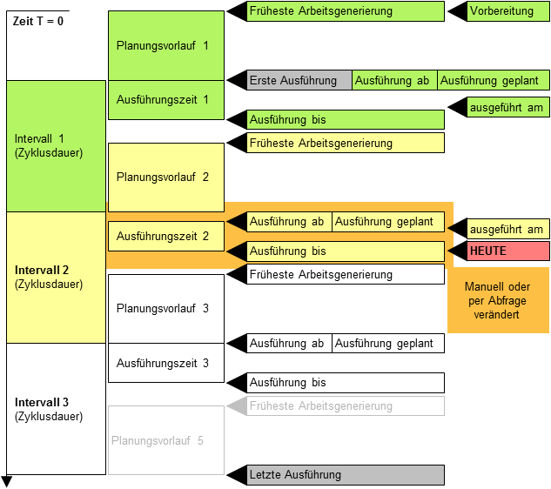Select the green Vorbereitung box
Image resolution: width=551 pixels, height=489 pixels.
click(501, 11)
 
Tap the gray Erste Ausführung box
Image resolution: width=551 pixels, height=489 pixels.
click(300, 80)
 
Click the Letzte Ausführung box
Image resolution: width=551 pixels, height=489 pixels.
click(346, 475)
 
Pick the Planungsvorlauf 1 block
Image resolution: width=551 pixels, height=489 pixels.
click(166, 45)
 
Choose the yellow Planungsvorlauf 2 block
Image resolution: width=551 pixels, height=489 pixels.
click(166, 178)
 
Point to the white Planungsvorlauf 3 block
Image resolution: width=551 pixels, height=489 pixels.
click(166, 309)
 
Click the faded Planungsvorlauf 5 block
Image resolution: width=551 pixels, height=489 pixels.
click(166, 440)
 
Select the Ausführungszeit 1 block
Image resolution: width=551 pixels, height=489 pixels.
click(166, 100)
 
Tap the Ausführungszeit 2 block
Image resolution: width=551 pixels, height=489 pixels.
click(166, 236)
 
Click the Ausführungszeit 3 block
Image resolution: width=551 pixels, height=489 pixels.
click(166, 363)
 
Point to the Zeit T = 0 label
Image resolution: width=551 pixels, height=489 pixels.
click(38, 21)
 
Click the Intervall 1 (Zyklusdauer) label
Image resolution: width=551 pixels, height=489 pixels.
click(49, 145)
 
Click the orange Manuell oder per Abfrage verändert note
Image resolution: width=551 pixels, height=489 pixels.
click(498, 300)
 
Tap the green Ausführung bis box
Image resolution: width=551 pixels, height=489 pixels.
click(346, 119)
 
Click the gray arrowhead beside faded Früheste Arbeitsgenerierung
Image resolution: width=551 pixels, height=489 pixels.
click(236, 406)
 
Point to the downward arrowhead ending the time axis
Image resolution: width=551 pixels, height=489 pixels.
click(7, 482)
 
